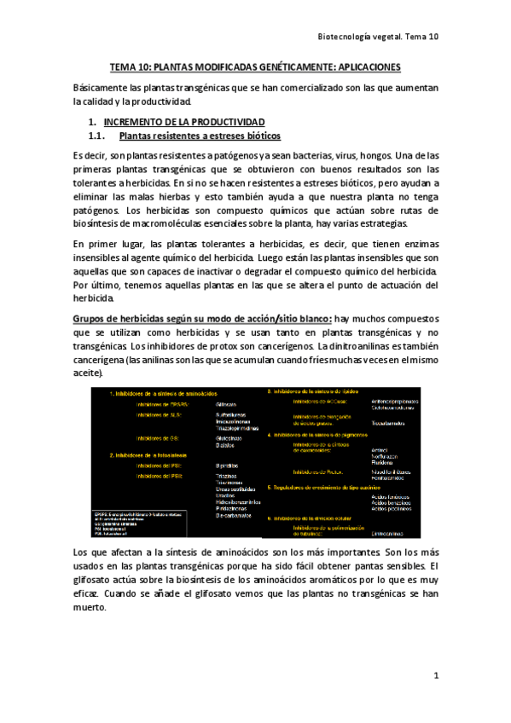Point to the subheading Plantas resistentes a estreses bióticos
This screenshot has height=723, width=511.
click(200, 136)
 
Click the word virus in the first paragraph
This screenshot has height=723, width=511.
click(349, 155)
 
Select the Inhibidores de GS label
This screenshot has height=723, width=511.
click(157, 438)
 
